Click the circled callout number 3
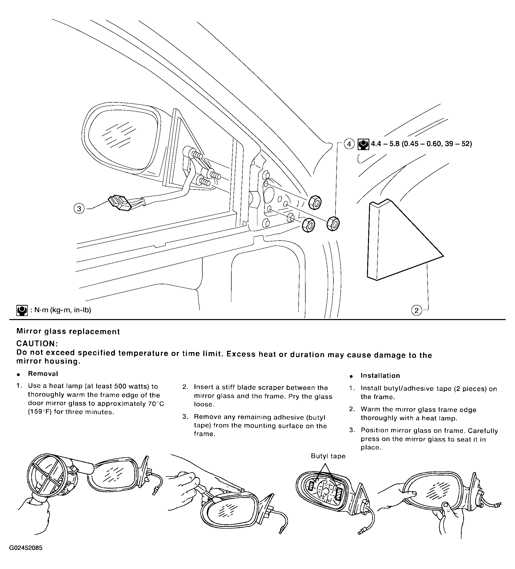[79, 209]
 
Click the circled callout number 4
[349, 144]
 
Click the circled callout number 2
[416, 310]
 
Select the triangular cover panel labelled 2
[401, 240]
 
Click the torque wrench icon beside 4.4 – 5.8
[363, 144]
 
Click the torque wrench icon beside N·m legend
[22, 310]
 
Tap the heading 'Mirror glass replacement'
[68, 331]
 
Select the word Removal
[43, 374]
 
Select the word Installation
[380, 376]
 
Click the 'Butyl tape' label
[328, 456]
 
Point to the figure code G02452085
[26, 556]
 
